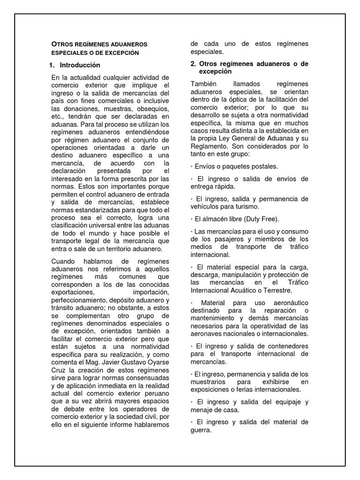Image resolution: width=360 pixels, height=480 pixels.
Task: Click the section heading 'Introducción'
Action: (80, 65)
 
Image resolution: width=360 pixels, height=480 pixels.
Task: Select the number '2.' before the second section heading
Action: (194, 63)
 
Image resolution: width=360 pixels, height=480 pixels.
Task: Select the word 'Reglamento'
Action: (210, 146)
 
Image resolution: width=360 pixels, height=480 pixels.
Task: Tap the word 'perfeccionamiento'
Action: (78, 300)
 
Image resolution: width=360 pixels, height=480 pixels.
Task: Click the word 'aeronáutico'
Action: (285, 303)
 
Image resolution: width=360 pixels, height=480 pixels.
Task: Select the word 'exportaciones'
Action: (74, 292)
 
